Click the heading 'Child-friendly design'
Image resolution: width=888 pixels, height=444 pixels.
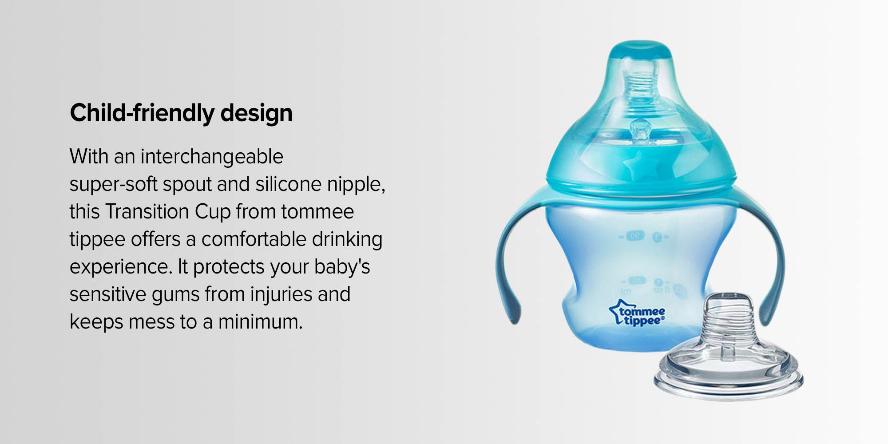pos(181,113)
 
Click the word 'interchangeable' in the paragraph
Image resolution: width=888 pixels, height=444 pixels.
pos(212,157)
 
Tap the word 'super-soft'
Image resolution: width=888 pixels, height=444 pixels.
pos(113,184)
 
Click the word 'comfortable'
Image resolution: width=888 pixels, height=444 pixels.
pos(254,239)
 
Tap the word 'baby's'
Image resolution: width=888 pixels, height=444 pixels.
pos(342,266)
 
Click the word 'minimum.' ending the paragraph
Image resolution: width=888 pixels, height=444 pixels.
pos(260,321)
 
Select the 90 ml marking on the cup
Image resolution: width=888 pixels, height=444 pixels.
pos(636,236)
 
